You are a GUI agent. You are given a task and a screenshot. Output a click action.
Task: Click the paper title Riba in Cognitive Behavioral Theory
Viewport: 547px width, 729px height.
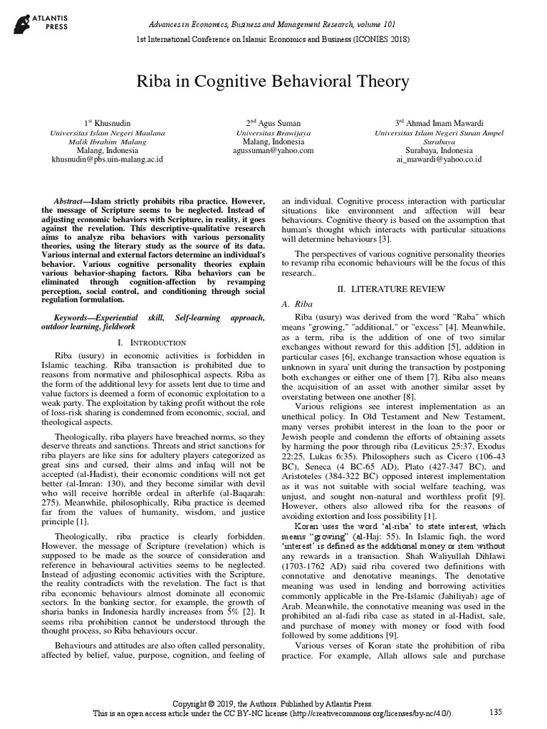click(x=273, y=82)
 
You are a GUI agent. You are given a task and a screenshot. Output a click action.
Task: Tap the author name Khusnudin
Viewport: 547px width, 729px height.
click(x=108, y=123)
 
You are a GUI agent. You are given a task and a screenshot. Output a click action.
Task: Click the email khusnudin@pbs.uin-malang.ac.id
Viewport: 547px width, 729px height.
click(x=108, y=159)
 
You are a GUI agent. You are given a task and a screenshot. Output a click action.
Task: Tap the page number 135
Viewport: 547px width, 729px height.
click(x=496, y=711)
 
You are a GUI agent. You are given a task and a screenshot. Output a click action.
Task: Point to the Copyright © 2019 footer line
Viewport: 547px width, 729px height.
click(x=273, y=701)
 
